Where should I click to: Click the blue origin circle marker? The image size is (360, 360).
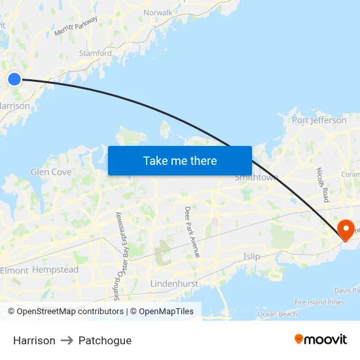click(14, 79)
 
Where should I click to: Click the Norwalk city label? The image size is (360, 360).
click(158, 12)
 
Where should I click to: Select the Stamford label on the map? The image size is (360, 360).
click(95, 53)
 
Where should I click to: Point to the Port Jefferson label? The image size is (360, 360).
click(319, 120)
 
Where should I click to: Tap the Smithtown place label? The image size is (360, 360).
click(257, 177)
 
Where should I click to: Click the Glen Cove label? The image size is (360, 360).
click(51, 172)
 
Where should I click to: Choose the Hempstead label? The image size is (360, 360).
click(55, 270)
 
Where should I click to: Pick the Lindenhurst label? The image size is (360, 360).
click(174, 283)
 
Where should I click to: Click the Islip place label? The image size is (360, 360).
click(251, 256)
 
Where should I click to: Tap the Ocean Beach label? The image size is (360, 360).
click(278, 314)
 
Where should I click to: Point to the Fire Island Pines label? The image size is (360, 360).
click(319, 302)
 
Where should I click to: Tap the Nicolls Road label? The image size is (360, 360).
click(321, 185)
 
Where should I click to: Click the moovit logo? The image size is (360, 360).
click(321, 340)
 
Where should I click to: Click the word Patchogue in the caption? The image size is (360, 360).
click(105, 340)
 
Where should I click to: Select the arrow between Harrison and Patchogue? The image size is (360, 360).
click(67, 340)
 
